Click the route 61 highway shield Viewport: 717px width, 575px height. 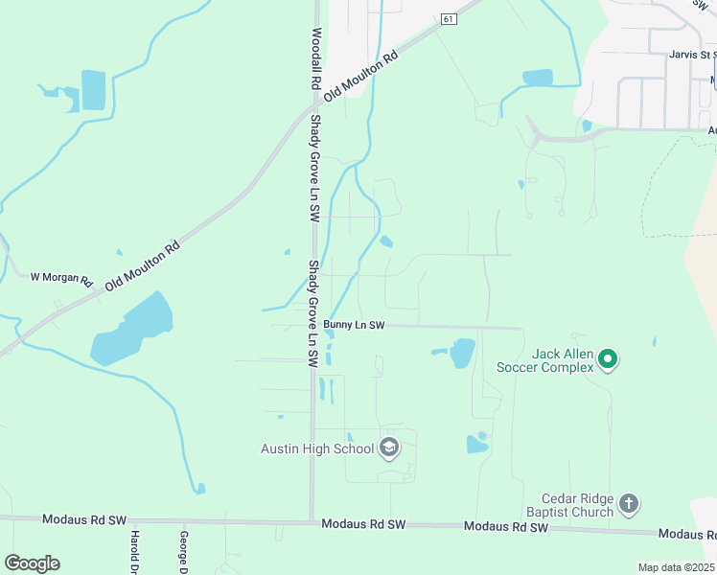click(x=449, y=19)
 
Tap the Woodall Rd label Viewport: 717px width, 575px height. click(x=315, y=58)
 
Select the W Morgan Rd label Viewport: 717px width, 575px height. click(x=60, y=278)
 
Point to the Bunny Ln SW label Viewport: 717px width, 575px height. click(x=354, y=326)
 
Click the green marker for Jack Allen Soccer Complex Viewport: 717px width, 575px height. click(x=607, y=360)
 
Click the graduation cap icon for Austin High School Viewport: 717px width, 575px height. click(x=389, y=448)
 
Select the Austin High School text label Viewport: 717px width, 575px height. click(x=317, y=448)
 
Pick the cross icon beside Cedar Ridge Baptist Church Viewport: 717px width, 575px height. click(x=628, y=503)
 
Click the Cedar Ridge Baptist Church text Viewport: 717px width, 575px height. click(x=577, y=504)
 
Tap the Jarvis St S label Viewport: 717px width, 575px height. click(x=693, y=55)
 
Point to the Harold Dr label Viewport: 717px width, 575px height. click(x=135, y=551)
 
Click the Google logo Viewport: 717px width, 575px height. click(x=32, y=563)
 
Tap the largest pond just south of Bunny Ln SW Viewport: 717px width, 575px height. click(x=462, y=353)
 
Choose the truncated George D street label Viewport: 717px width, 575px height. click(x=181, y=551)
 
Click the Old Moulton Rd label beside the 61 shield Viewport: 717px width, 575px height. click(x=360, y=77)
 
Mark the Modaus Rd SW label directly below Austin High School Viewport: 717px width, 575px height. click(x=363, y=524)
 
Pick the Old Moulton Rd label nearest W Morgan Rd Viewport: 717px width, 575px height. click(x=142, y=266)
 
